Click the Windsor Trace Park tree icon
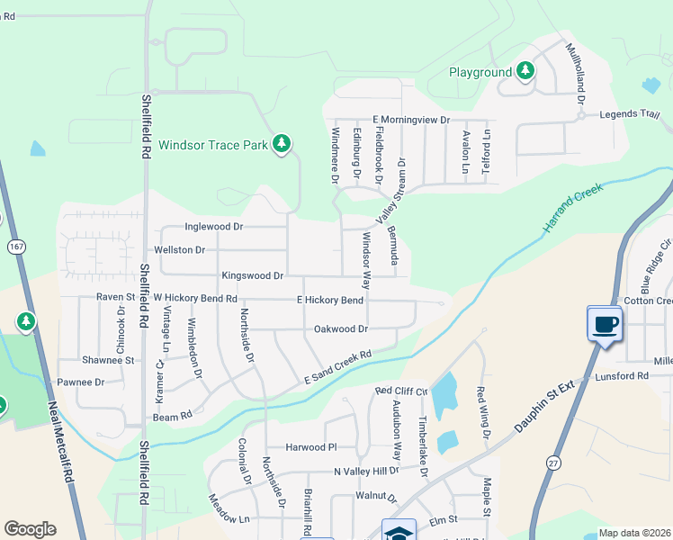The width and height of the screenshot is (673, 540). pos(282,143)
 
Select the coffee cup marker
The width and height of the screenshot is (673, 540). pos(605,324)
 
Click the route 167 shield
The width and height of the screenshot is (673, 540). pos(14,246)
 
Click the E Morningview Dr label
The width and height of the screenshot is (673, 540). pos(410,120)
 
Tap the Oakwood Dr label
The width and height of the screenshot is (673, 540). pos(340,329)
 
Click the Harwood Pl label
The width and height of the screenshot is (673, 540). pos(310,447)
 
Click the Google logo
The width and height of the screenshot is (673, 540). pos(30,529)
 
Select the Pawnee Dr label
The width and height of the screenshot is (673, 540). pos(81,382)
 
